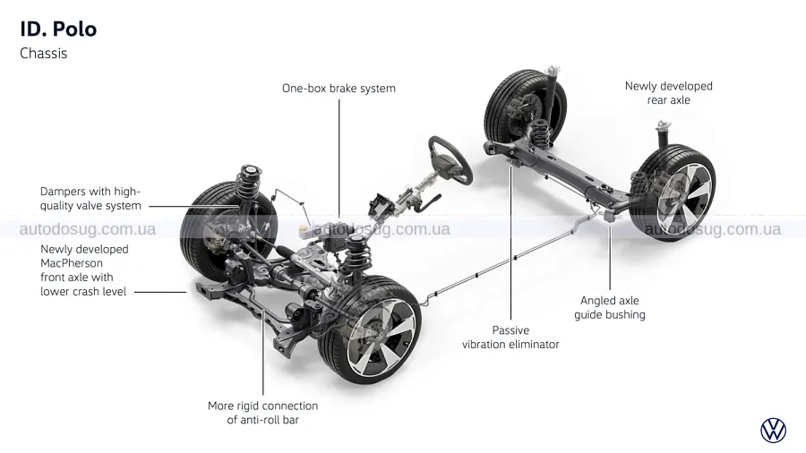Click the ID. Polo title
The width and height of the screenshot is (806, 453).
point(58,29)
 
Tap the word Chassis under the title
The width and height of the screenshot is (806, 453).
point(43,54)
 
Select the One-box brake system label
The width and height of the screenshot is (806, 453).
point(339,89)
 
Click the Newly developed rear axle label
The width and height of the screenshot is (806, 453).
point(668,93)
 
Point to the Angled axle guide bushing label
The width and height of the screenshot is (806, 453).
point(609,307)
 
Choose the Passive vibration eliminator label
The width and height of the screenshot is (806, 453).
point(510,337)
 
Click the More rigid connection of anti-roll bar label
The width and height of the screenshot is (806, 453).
point(262,413)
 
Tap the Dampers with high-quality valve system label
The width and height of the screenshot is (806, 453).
point(90,198)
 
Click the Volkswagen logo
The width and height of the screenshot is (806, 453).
point(773,430)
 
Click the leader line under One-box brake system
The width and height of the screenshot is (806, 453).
point(339,152)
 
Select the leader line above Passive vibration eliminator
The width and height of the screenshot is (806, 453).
point(510,242)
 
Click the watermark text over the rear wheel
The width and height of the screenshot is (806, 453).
point(712,229)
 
